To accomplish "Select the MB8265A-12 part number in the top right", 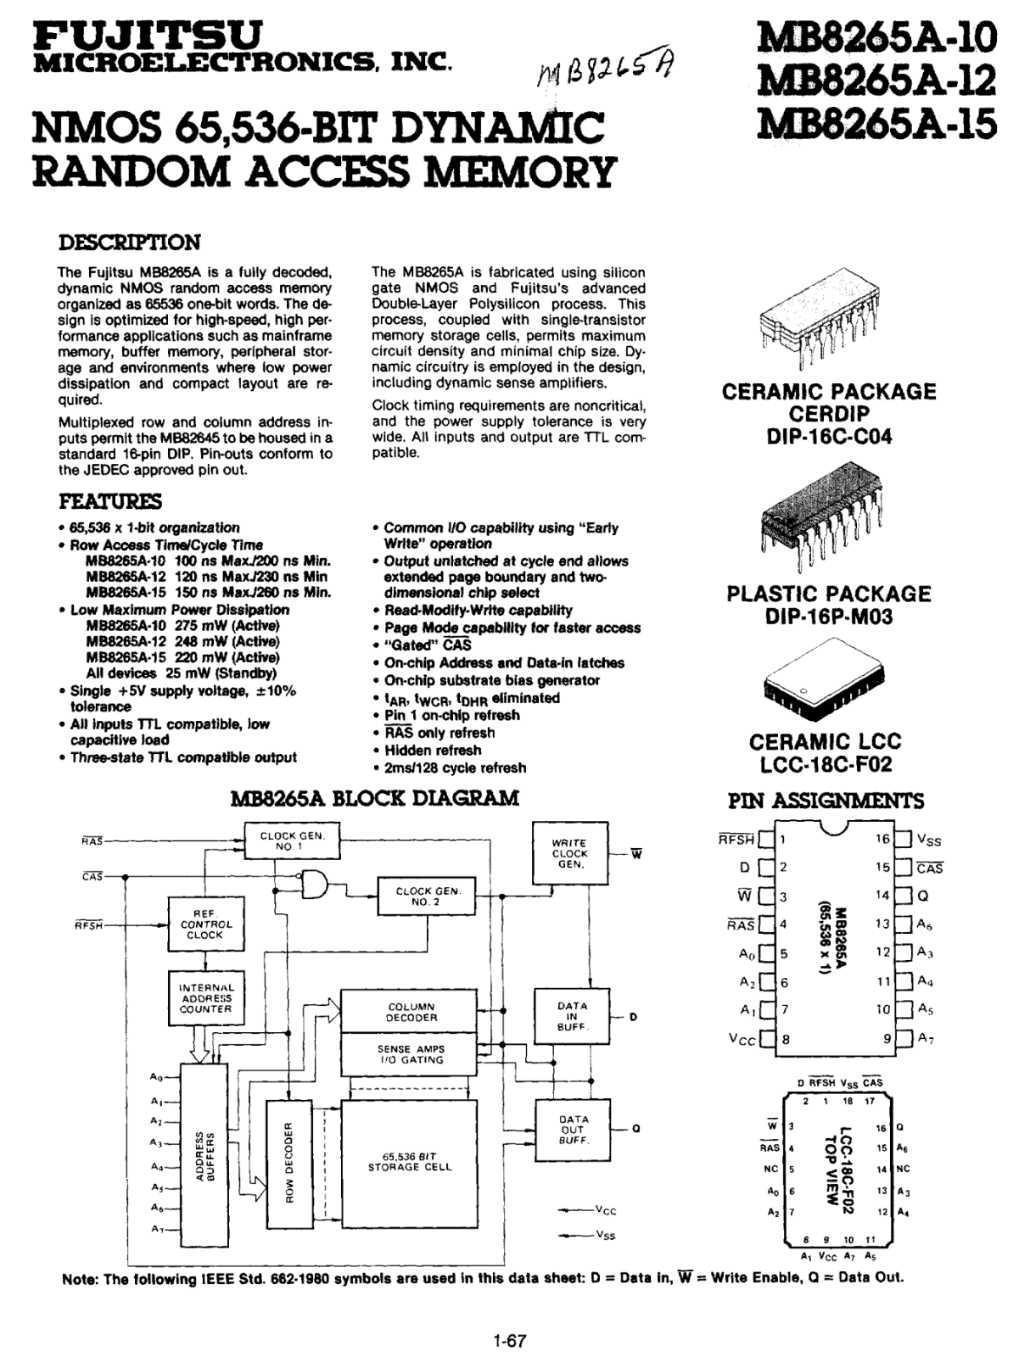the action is (877, 80).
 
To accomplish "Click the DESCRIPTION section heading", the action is (129, 243).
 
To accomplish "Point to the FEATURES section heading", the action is (110, 500).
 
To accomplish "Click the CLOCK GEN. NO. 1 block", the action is (292, 840).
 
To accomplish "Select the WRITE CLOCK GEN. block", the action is (570, 854).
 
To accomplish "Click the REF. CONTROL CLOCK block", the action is (206, 924).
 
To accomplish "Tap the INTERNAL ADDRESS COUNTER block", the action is (206, 998).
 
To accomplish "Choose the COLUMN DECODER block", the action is (409, 1012).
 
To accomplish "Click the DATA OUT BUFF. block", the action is (573, 1130).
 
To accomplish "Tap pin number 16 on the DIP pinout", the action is (882, 839).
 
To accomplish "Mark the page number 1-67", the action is (509, 1335).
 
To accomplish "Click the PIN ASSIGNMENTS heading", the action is (826, 801).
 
